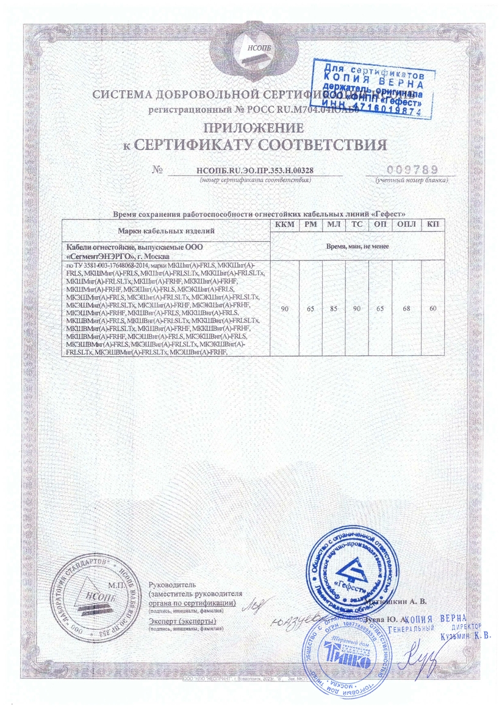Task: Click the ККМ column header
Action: (x=284, y=225)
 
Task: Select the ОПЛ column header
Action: (x=406, y=225)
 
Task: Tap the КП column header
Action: (x=433, y=225)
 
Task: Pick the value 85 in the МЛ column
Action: (x=334, y=310)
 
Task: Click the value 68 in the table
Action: (x=406, y=310)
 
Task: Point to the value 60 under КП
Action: (x=433, y=310)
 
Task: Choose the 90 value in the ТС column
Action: (x=357, y=310)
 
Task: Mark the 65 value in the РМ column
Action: (x=310, y=310)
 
